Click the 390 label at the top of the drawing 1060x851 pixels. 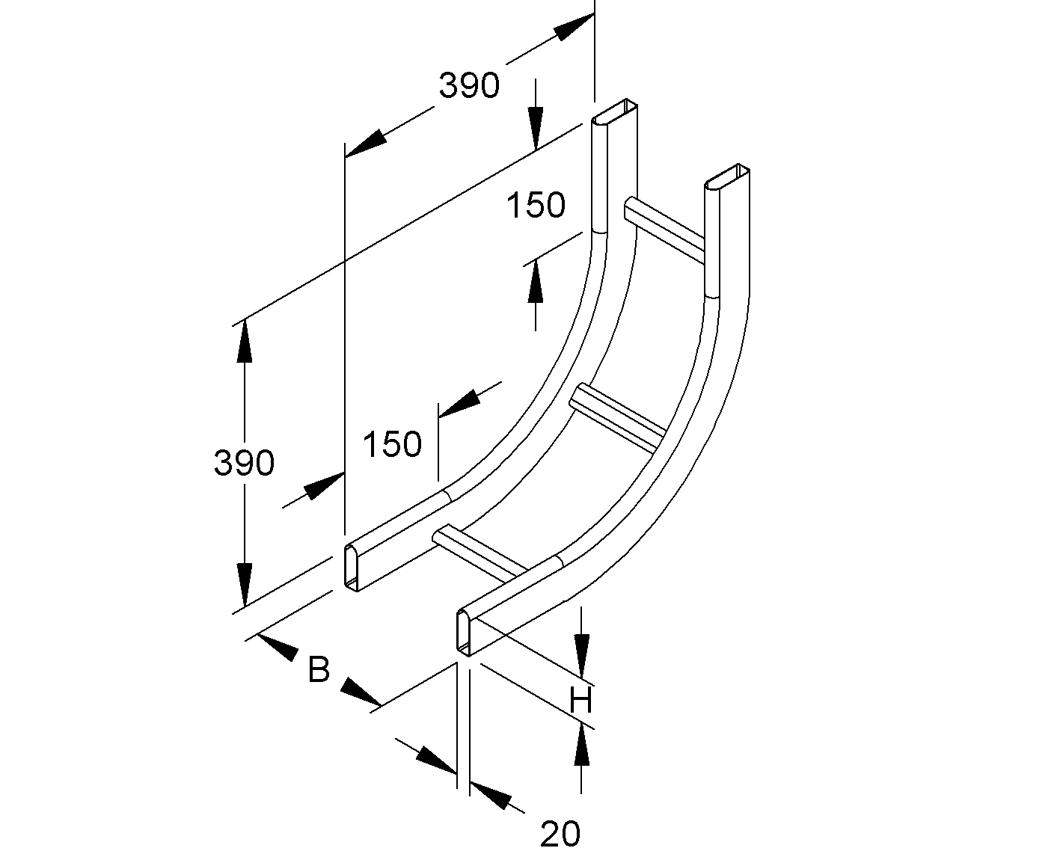click(469, 85)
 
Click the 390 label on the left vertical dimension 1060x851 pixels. click(244, 462)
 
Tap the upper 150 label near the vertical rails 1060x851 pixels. click(536, 205)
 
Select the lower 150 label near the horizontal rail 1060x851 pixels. click(392, 443)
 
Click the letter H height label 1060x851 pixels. click(580, 700)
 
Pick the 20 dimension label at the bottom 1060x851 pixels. click(560, 833)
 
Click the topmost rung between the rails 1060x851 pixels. click(664, 230)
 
